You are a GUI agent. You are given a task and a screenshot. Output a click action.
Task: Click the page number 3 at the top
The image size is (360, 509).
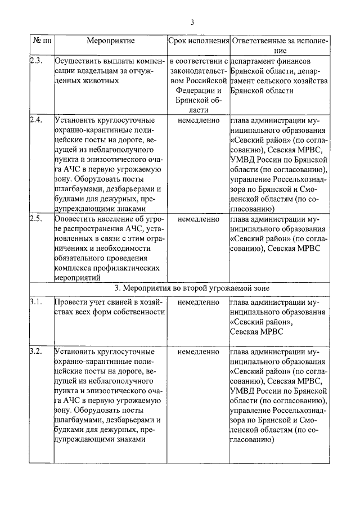pyautogui.click(x=192, y=22)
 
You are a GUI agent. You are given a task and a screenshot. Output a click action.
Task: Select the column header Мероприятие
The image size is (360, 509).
pyautogui.click(x=110, y=41)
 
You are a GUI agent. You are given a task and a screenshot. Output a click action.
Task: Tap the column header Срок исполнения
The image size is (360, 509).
pyautogui.click(x=199, y=41)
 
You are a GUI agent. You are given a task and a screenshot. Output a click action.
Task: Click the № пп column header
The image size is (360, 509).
pyautogui.click(x=41, y=41)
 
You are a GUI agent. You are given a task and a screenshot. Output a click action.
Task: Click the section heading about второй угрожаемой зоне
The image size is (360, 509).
pyautogui.click(x=192, y=288)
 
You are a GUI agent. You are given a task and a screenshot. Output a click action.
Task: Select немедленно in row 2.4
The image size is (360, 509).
pyautogui.click(x=198, y=120)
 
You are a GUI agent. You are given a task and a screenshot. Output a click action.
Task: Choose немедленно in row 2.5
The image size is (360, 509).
pyautogui.click(x=198, y=218)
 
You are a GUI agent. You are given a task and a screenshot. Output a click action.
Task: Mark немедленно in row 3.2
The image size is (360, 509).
pyautogui.click(x=198, y=352)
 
